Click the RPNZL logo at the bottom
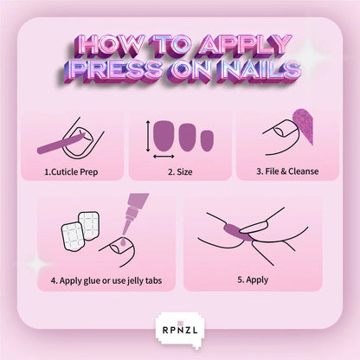point(180,329)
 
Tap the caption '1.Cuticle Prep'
point(71,172)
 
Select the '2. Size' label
point(180,172)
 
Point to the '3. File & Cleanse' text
point(287,171)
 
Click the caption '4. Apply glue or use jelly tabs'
point(106,280)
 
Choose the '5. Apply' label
point(253,280)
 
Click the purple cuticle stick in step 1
point(59,144)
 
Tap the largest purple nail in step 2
point(164,136)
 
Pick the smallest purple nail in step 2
point(207,140)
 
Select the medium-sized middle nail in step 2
point(188,138)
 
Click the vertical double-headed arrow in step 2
point(148,136)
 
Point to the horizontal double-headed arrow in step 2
point(164,157)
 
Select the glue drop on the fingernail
point(123,241)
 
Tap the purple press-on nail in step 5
point(235,232)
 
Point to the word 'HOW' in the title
point(111,46)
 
